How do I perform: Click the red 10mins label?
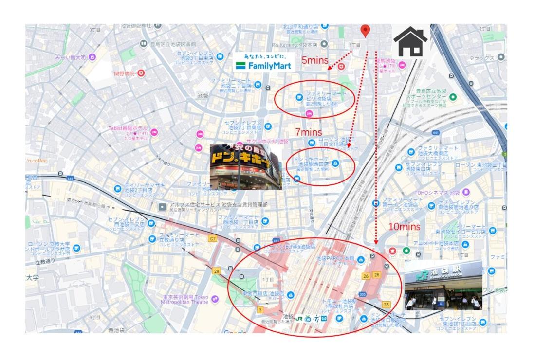tap(404, 226)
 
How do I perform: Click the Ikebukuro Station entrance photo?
tap(443, 285)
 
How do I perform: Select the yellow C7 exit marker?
tap(212, 238)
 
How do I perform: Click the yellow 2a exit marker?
tap(217, 270)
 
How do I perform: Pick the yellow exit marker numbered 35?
tap(387, 305)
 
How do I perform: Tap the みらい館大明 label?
tap(70, 57)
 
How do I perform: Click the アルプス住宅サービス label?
tap(218, 205)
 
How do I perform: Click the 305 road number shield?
tap(362, 294)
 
